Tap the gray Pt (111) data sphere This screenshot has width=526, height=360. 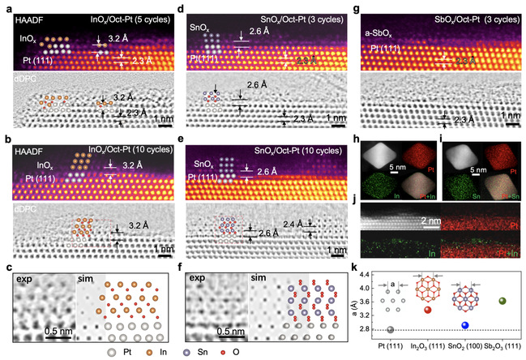pyautogui.click(x=391, y=330)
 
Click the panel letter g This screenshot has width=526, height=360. pyautogui.click(x=359, y=6)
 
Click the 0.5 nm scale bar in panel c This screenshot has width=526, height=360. pyautogui.click(x=56, y=332)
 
